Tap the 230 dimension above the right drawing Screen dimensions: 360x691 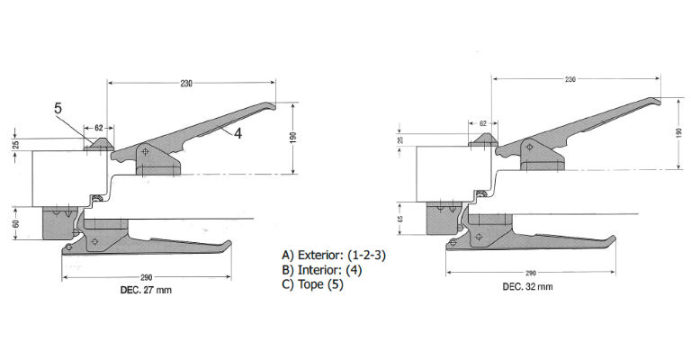click(570, 80)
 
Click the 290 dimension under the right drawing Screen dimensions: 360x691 click(530, 272)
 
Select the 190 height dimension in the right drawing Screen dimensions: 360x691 click(678, 132)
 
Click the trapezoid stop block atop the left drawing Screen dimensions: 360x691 click(98, 143)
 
